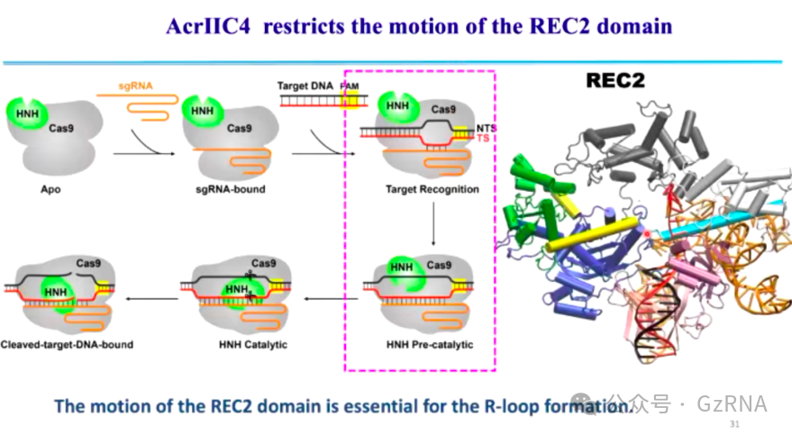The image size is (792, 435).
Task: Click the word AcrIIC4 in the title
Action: pos(205,25)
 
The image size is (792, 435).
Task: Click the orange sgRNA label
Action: pos(136,86)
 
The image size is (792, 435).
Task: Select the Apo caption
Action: pos(51,190)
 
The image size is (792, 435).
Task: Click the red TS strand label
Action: pos(482,139)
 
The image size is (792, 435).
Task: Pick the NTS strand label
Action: pos(486,129)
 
